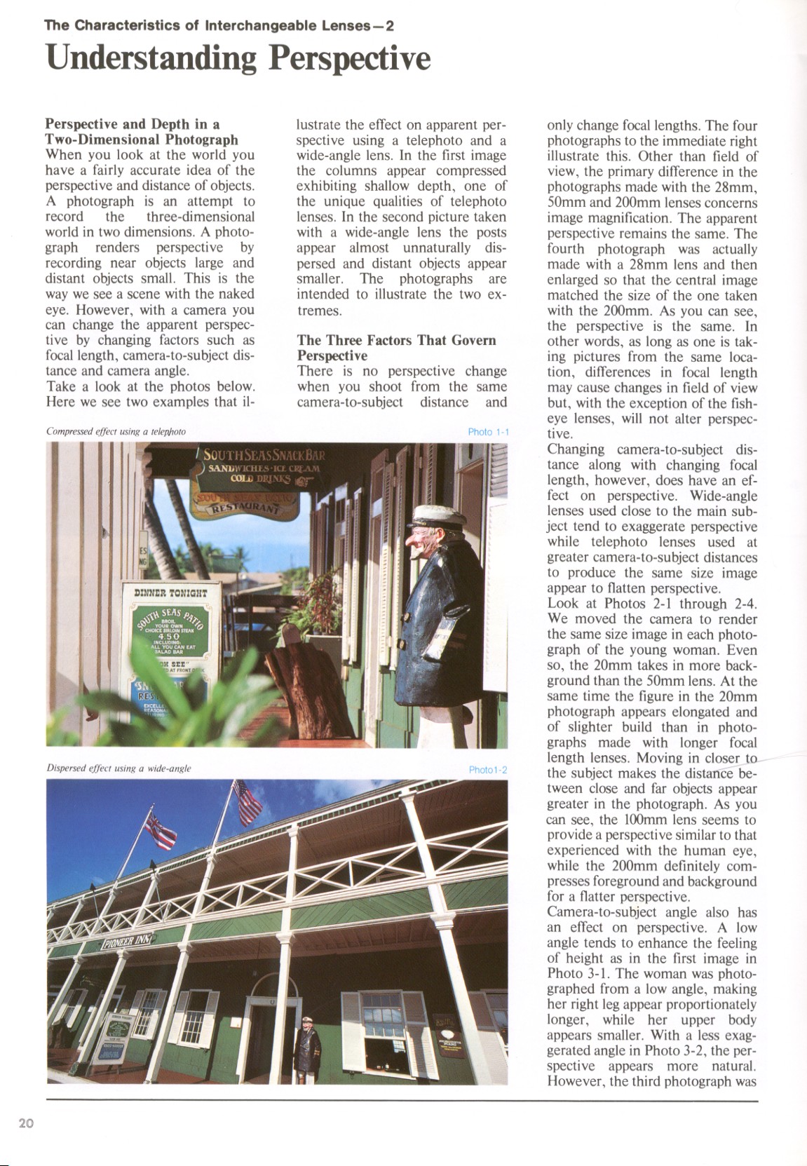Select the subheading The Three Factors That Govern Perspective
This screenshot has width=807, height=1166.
(x=396, y=348)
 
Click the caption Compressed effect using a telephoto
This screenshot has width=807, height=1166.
(x=116, y=432)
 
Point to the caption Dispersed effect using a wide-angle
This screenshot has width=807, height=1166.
(x=118, y=769)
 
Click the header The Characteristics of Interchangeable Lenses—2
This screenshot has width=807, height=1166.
(x=219, y=27)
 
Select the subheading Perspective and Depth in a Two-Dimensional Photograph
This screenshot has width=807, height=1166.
(x=142, y=133)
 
